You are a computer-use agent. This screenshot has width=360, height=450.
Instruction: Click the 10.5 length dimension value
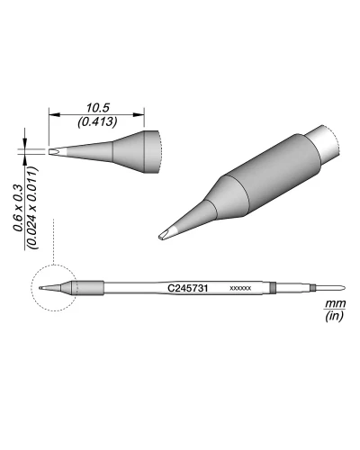(97, 106)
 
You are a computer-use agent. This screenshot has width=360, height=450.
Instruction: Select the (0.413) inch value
(97, 120)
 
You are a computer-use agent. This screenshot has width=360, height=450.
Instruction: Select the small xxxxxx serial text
(240, 289)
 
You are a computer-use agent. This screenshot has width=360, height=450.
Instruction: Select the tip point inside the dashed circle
(42, 288)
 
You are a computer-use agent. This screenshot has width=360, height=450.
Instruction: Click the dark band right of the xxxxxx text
(273, 288)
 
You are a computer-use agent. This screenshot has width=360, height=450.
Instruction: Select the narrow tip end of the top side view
(56, 150)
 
